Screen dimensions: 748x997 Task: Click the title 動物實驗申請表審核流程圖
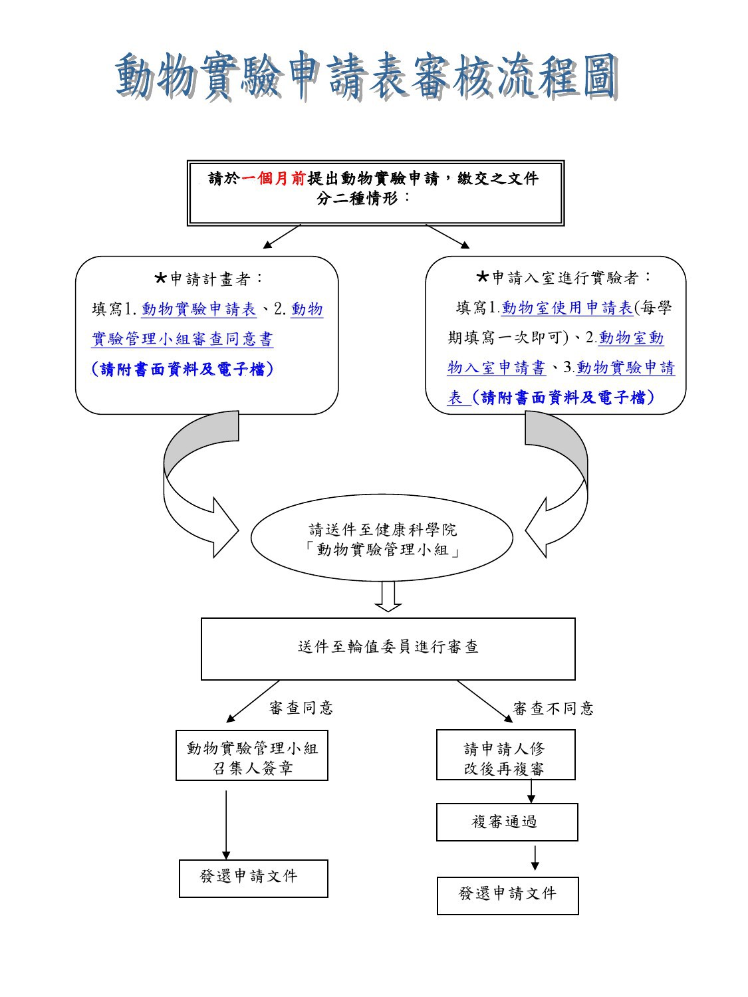366,76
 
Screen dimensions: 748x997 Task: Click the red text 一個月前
273,179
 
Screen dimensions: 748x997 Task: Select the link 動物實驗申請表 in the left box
199,309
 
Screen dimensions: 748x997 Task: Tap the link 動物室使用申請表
567,308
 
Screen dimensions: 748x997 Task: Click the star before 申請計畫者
161,278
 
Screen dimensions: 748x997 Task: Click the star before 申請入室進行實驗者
482,277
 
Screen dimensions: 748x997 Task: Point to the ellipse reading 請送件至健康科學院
382,538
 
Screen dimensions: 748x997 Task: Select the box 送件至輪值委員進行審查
388,649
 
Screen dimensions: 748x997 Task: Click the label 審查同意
301,708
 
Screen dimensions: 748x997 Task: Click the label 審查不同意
553,708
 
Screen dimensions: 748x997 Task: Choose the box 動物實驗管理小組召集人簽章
252,755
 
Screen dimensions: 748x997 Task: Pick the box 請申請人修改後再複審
506,755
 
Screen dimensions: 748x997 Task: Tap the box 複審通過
507,822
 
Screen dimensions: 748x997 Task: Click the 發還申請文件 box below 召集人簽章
253,879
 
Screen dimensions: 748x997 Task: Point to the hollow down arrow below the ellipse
388,596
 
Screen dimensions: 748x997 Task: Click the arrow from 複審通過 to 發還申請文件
535,858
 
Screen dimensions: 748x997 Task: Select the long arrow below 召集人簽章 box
226,825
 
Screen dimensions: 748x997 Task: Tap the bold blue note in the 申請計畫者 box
182,370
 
